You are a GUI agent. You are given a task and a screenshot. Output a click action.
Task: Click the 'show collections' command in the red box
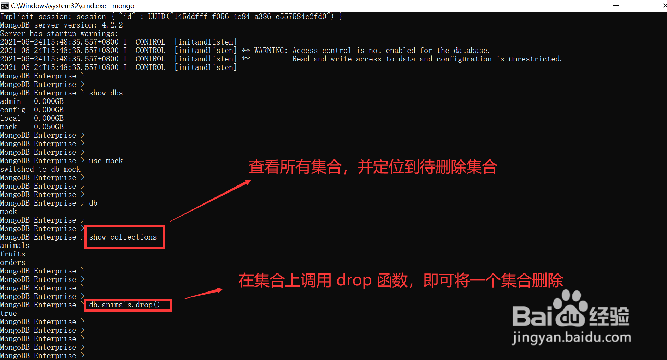click(x=123, y=237)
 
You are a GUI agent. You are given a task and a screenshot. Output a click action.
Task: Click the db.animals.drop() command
click(x=124, y=305)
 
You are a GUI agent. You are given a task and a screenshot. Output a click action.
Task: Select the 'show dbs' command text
click(x=106, y=93)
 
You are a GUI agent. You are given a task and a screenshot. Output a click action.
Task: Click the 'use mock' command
click(x=106, y=161)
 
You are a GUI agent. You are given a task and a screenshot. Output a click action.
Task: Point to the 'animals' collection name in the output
click(x=15, y=246)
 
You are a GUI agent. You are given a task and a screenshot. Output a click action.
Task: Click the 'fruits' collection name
click(x=13, y=254)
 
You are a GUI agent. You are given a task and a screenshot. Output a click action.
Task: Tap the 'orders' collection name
click(x=13, y=262)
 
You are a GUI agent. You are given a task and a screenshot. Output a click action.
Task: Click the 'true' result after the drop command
click(x=8, y=313)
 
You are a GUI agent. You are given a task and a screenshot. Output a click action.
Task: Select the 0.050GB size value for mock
click(x=49, y=127)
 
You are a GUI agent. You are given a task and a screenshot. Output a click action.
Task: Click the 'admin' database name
click(x=11, y=101)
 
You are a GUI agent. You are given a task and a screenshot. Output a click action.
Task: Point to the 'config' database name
click(x=13, y=110)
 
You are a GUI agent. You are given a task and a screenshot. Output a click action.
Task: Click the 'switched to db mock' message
click(x=40, y=169)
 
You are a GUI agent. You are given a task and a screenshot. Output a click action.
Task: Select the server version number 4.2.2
click(x=112, y=25)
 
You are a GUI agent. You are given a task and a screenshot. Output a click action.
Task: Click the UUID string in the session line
click(x=241, y=17)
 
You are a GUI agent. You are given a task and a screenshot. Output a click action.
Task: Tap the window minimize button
click(x=616, y=6)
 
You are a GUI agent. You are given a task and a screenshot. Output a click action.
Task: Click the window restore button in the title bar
click(x=640, y=6)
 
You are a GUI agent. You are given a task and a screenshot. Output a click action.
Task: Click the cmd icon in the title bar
click(x=5, y=6)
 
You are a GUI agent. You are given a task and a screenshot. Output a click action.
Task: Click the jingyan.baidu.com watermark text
click(x=571, y=337)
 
